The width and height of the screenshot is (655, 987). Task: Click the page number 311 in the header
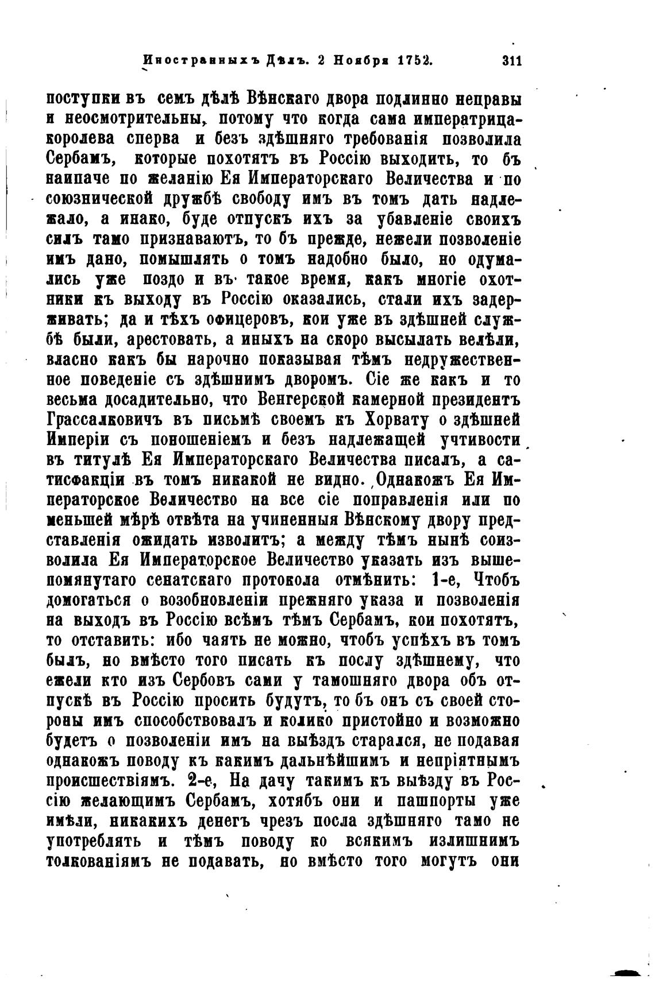tap(511, 60)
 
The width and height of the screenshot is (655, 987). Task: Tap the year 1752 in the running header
tap(411, 60)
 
